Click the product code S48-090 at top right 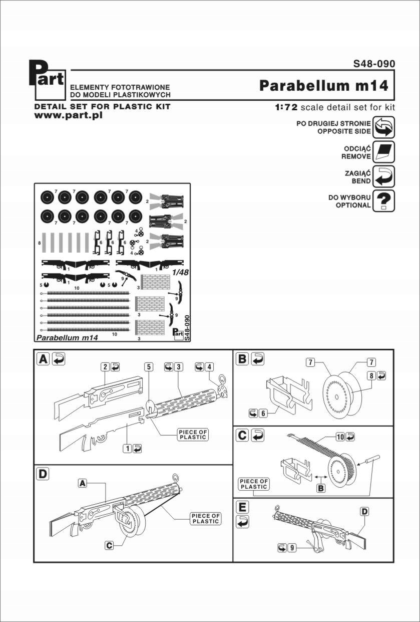(374, 64)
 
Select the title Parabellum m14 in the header (324, 86)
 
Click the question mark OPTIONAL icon (384, 201)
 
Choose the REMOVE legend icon (384, 152)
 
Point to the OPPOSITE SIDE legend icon (384, 127)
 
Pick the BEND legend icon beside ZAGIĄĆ (384, 176)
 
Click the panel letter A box (44, 359)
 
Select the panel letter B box (243, 359)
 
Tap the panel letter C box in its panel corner (243, 436)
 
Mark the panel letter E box (243, 507)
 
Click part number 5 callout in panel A (149, 366)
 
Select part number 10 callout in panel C (339, 437)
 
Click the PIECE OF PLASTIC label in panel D (206, 519)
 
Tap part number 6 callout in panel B (263, 412)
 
